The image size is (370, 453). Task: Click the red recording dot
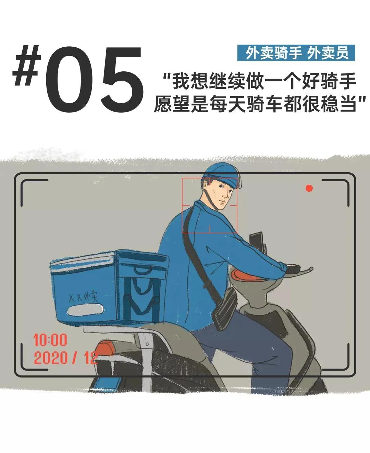point(309,188)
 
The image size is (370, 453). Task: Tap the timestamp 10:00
point(50,340)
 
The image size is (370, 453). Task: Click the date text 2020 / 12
point(65,358)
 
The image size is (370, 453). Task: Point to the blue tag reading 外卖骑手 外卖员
point(296,53)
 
